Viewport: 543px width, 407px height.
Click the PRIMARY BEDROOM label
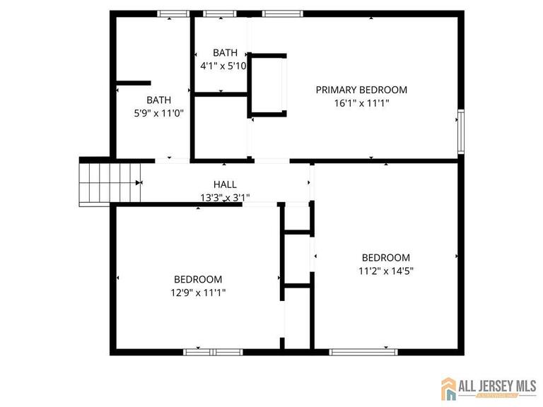point(361,90)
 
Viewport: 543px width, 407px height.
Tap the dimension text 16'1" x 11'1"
point(361,103)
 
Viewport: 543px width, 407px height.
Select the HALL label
point(225,184)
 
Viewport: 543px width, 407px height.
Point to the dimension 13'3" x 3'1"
point(225,198)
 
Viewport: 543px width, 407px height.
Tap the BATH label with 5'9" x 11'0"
point(158,100)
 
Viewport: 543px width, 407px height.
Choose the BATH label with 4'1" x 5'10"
point(225,52)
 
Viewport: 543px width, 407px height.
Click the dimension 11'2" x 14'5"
point(385,271)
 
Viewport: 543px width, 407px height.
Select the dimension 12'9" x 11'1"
point(198,293)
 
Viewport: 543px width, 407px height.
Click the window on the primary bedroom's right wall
point(460,131)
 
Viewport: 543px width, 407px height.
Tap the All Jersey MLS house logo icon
point(449,388)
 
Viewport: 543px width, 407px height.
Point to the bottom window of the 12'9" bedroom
point(213,351)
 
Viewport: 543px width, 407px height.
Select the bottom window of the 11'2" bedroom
point(363,351)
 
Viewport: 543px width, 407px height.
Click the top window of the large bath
point(173,13)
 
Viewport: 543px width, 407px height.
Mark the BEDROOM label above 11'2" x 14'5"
point(385,257)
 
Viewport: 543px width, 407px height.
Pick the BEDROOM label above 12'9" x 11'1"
point(198,279)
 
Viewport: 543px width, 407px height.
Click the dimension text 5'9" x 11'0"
point(158,112)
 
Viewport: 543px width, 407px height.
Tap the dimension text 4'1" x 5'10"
point(223,66)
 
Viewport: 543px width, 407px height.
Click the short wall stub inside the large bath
point(133,83)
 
